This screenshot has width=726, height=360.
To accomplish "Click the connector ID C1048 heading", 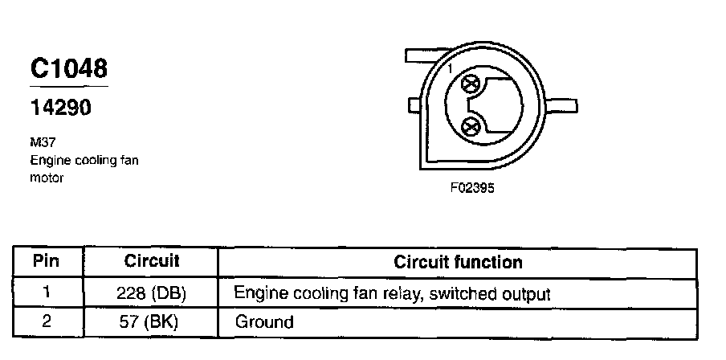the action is click(68, 69).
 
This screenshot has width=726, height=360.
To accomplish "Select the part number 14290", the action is click(61, 108).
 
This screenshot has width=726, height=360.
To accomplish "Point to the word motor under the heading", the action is click(46, 178).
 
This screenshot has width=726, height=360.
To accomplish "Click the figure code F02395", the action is click(471, 190).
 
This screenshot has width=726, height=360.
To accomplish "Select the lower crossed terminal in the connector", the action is click(471, 125).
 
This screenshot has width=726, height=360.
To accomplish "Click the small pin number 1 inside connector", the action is click(451, 70).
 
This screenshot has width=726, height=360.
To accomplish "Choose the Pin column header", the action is click(47, 262).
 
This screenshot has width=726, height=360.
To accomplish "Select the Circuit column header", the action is click(151, 262).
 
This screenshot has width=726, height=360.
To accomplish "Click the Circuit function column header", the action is click(458, 263).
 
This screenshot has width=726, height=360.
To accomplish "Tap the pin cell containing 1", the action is click(47, 293).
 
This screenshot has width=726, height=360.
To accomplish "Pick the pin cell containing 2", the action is click(47, 322).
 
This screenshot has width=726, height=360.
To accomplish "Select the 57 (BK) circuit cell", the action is click(151, 323).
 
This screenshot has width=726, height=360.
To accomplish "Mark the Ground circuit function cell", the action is click(264, 323).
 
